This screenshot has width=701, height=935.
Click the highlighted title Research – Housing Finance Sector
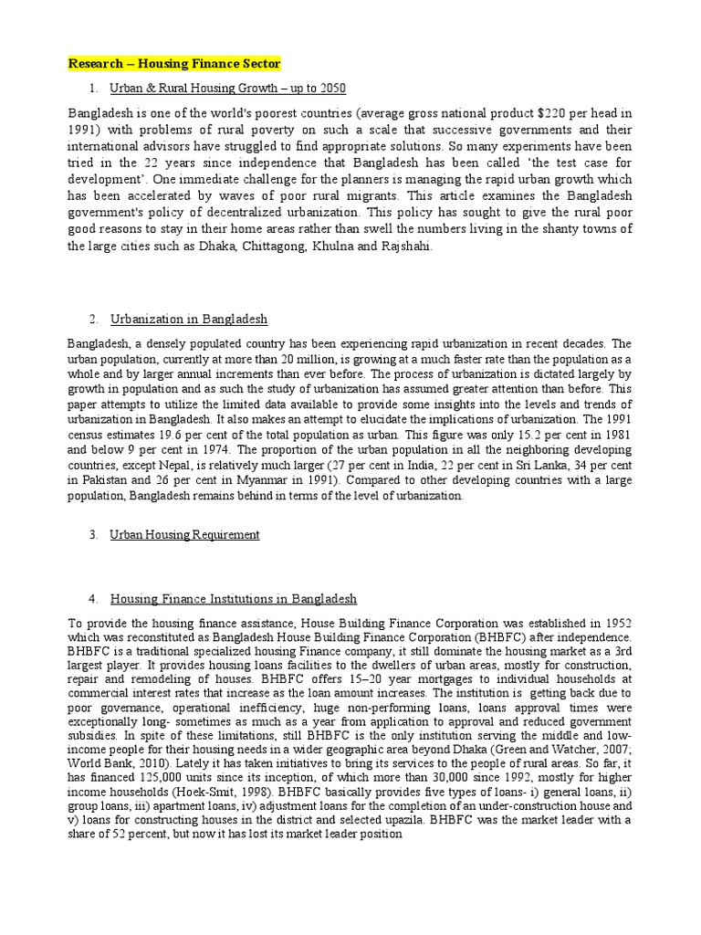tap(175, 64)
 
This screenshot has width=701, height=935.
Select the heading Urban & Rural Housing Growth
tap(228, 89)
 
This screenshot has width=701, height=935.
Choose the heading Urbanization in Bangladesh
tap(189, 320)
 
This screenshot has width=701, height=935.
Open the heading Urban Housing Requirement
tap(184, 535)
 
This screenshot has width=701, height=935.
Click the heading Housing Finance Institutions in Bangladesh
tap(234, 599)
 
